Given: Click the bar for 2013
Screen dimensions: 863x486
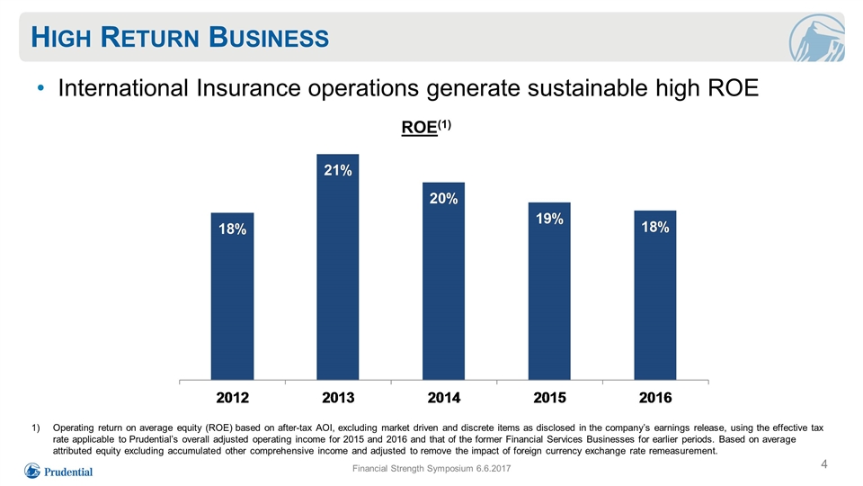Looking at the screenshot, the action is tap(337, 266).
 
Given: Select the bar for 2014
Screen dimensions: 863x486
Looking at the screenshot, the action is tap(443, 281).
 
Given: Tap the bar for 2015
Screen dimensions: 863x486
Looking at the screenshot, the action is tap(549, 291).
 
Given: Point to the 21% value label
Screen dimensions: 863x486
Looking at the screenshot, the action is tap(337, 170).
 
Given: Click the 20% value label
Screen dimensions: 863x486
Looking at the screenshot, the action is tap(443, 198).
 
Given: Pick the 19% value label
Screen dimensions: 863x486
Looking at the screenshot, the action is tap(549, 219).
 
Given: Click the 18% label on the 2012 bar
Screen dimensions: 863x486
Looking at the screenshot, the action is tap(232, 229).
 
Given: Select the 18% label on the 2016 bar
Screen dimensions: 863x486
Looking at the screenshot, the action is tap(655, 227).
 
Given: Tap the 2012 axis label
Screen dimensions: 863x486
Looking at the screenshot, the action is tap(232, 398).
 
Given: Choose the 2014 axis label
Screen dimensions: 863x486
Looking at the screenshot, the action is tap(443, 398).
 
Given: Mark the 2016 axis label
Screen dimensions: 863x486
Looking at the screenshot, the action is tap(655, 398).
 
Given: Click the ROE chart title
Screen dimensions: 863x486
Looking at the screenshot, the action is tap(426, 127).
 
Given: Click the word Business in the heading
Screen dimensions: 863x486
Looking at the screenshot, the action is tap(269, 38).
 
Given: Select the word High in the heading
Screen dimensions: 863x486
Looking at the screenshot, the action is tap(60, 38).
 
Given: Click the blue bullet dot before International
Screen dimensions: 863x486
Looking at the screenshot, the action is tap(40, 87).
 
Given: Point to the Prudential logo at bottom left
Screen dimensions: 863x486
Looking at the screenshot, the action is tap(58, 471).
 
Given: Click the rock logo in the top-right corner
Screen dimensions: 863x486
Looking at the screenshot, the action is tap(816, 38).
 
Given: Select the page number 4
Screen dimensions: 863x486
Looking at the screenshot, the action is tap(824, 464).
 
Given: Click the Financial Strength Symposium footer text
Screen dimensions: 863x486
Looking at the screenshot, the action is tap(431, 468).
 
